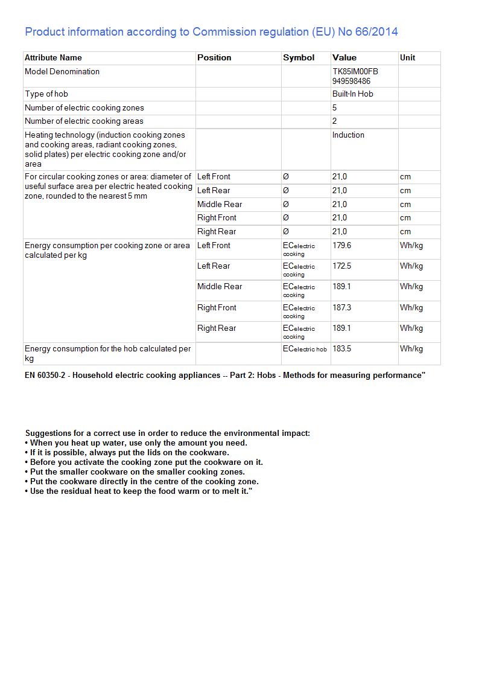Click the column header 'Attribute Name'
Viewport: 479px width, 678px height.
[53, 58]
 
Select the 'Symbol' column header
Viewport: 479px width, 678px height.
[299, 58]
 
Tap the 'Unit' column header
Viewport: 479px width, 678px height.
[407, 58]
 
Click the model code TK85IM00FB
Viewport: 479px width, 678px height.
[355, 72]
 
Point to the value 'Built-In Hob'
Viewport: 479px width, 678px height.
[352, 94]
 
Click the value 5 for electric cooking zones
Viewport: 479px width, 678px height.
[335, 108]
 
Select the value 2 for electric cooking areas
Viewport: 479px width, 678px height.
[335, 121]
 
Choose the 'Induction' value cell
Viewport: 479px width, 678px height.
[348, 135]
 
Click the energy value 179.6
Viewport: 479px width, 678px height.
[341, 246]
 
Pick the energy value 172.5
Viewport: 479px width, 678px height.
[341, 266]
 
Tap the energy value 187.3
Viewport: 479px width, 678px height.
[341, 308]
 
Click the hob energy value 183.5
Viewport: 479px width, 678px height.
[341, 349]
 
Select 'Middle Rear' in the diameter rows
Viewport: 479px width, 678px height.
[220, 205]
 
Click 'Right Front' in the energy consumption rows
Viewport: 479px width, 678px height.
[217, 308]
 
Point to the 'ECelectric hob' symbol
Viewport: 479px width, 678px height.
[305, 349]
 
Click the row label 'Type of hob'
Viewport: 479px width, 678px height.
[46, 94]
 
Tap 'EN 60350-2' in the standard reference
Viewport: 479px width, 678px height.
[45, 376]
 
